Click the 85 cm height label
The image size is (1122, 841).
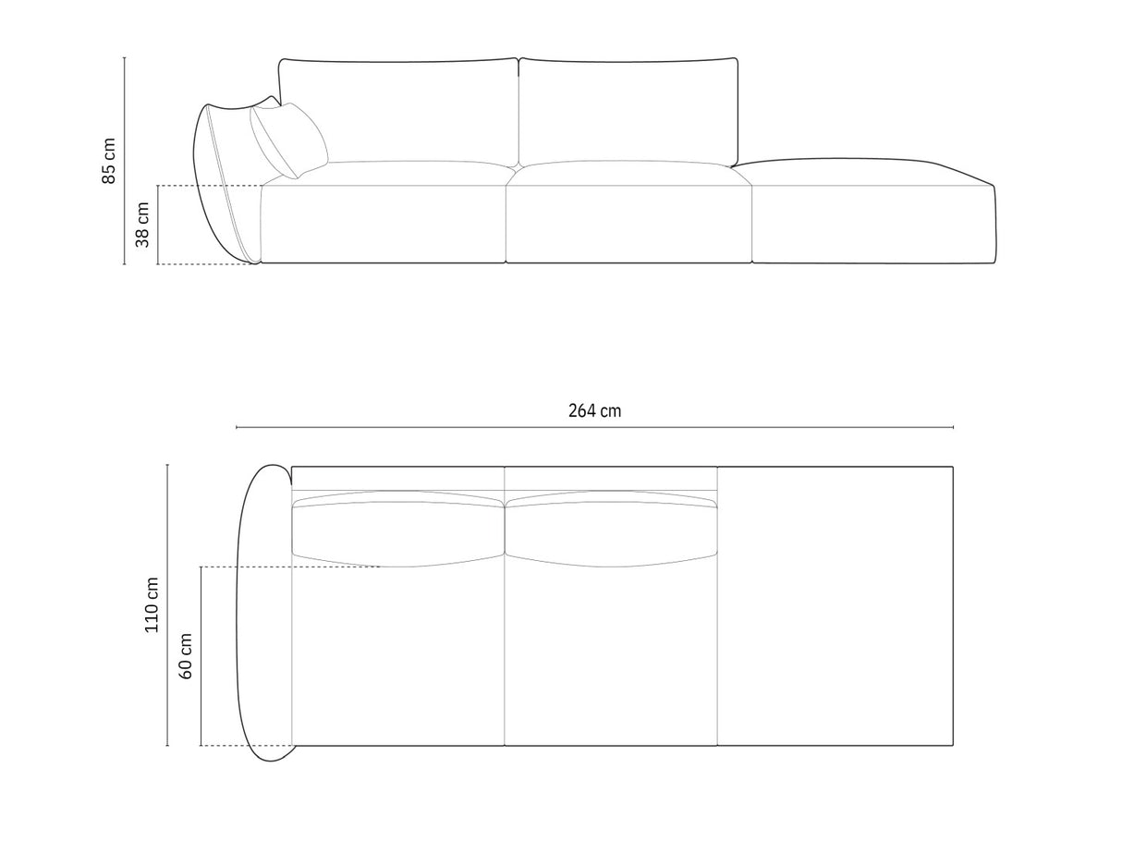[109, 161]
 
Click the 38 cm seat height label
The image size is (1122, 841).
[142, 225]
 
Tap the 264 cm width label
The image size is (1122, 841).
[594, 411]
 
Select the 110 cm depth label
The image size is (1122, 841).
[152, 604]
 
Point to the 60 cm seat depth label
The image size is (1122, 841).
[186, 656]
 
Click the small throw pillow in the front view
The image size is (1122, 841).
[289, 140]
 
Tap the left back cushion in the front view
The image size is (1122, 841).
[398, 111]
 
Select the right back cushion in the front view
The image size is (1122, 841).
[628, 111]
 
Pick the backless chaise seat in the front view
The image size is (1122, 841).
[873, 217]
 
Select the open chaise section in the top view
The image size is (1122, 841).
[835, 606]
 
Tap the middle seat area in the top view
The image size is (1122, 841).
[611, 656]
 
